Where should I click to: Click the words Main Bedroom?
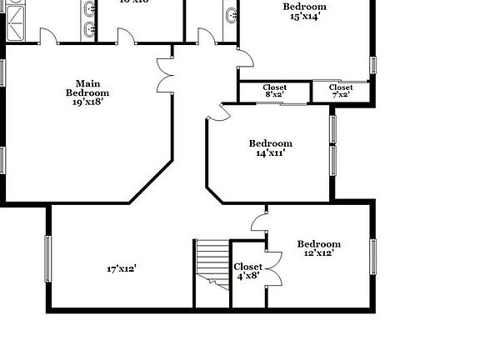[x=87, y=87]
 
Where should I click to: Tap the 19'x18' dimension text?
[x=87, y=102]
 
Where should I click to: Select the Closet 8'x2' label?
[x=275, y=91]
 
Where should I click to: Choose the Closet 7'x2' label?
[x=341, y=91]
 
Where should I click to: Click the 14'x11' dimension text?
[x=271, y=152]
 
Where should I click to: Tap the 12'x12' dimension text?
[x=319, y=253]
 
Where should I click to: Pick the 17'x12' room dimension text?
[x=122, y=268]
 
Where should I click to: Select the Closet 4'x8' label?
[x=247, y=271]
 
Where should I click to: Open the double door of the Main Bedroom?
[x=164, y=76]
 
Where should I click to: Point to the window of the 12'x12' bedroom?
[x=373, y=256]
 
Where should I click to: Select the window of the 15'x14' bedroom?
[x=372, y=64]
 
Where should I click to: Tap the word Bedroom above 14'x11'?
[x=271, y=142]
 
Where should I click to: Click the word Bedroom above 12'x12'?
[x=319, y=243]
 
